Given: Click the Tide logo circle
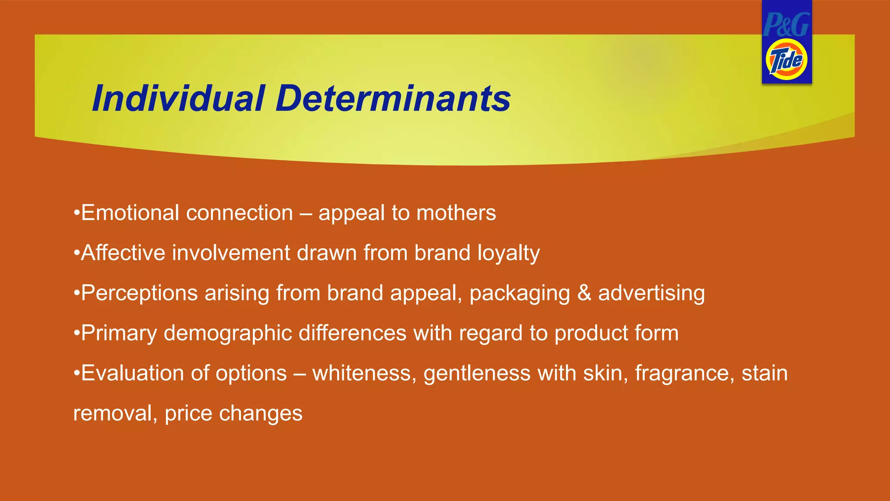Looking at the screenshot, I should [786, 60].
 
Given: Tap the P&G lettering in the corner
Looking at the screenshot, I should [786, 24].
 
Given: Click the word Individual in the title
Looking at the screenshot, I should [178, 98].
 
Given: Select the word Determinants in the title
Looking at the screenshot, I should [393, 98].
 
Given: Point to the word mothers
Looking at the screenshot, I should [456, 213].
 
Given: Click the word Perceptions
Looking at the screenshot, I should [139, 293].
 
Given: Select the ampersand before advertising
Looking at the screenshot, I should [584, 293].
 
